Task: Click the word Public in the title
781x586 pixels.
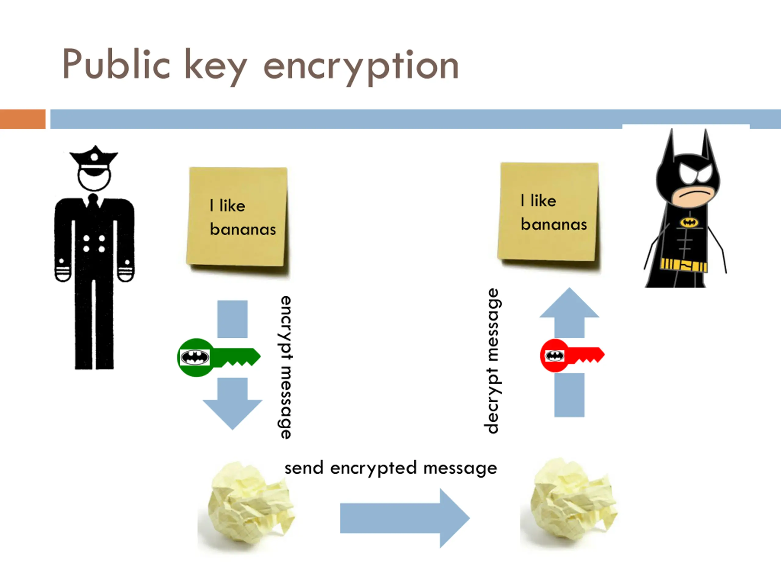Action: (x=116, y=64)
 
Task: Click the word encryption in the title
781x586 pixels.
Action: (x=361, y=67)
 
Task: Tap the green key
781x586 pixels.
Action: (x=218, y=357)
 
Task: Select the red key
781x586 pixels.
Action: (x=572, y=355)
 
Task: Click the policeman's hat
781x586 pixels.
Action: (x=94, y=159)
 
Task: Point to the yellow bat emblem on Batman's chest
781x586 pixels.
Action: (x=689, y=222)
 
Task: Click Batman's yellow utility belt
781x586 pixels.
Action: (x=684, y=265)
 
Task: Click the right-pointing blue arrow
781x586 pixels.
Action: (x=405, y=518)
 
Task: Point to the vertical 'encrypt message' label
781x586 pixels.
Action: (x=286, y=367)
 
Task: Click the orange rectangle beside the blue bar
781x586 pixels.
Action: (x=23, y=119)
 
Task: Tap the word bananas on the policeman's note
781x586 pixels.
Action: (x=243, y=229)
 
